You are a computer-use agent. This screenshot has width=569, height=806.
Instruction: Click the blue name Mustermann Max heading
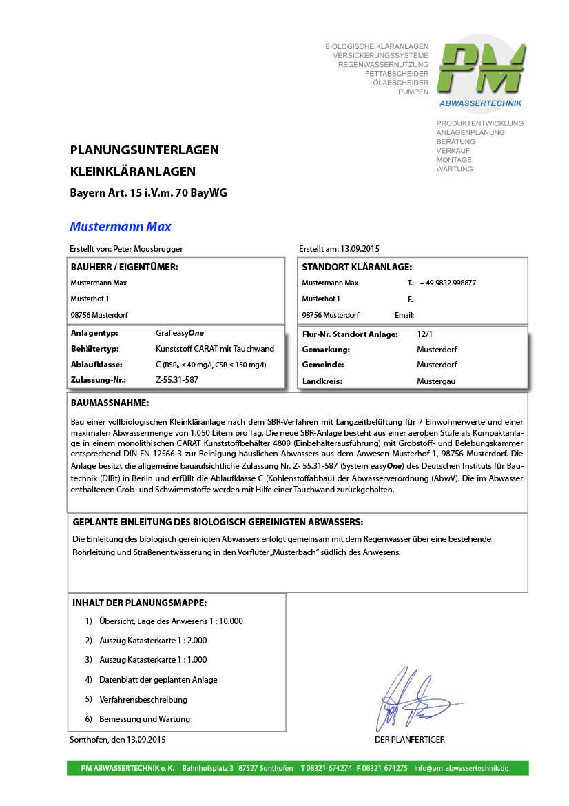[x=121, y=227]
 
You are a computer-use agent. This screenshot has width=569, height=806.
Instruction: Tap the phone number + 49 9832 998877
[x=448, y=283]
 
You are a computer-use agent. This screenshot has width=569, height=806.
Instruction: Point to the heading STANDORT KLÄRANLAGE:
[x=357, y=267]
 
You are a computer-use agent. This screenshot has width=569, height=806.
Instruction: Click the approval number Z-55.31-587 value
[x=177, y=379]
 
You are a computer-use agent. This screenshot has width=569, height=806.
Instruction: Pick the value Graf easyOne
[x=180, y=333]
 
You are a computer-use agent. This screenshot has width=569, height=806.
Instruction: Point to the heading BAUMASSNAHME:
[x=110, y=403]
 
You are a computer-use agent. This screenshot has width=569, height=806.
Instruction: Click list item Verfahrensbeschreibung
[x=143, y=699]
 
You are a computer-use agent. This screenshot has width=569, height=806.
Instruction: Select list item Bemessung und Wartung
[x=145, y=718]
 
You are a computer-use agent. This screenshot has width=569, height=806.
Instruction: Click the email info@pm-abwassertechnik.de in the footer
[x=461, y=768]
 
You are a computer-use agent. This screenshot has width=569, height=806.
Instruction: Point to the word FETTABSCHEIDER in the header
[x=397, y=74]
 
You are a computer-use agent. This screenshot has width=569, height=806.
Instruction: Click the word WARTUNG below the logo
[x=454, y=169]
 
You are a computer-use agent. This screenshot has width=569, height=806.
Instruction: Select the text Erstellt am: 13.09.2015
[x=340, y=249]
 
